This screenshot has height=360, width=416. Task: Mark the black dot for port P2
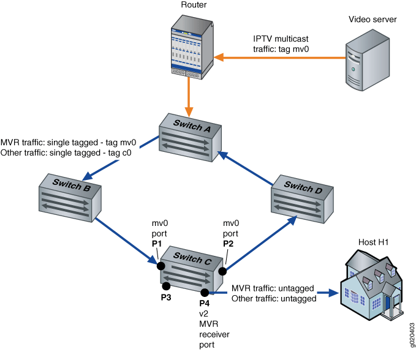coord(223,271)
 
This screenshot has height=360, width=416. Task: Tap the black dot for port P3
coord(165,285)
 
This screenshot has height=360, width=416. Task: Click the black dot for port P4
coord(204,293)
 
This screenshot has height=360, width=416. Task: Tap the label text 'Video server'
coord(373,20)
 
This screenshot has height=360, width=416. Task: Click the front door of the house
coord(388,303)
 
